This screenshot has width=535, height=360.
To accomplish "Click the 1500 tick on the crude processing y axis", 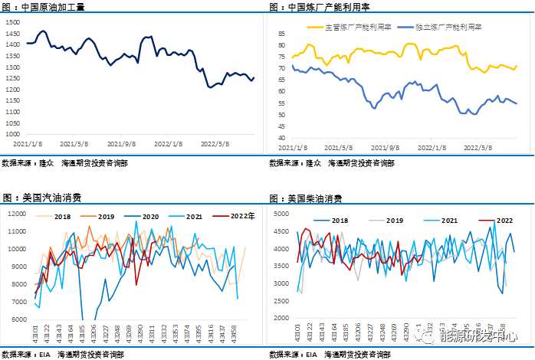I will (13, 21).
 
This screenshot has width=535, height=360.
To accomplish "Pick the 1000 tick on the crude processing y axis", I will (13, 135).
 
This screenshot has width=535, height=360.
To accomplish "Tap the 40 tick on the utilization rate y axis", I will (281, 139).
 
